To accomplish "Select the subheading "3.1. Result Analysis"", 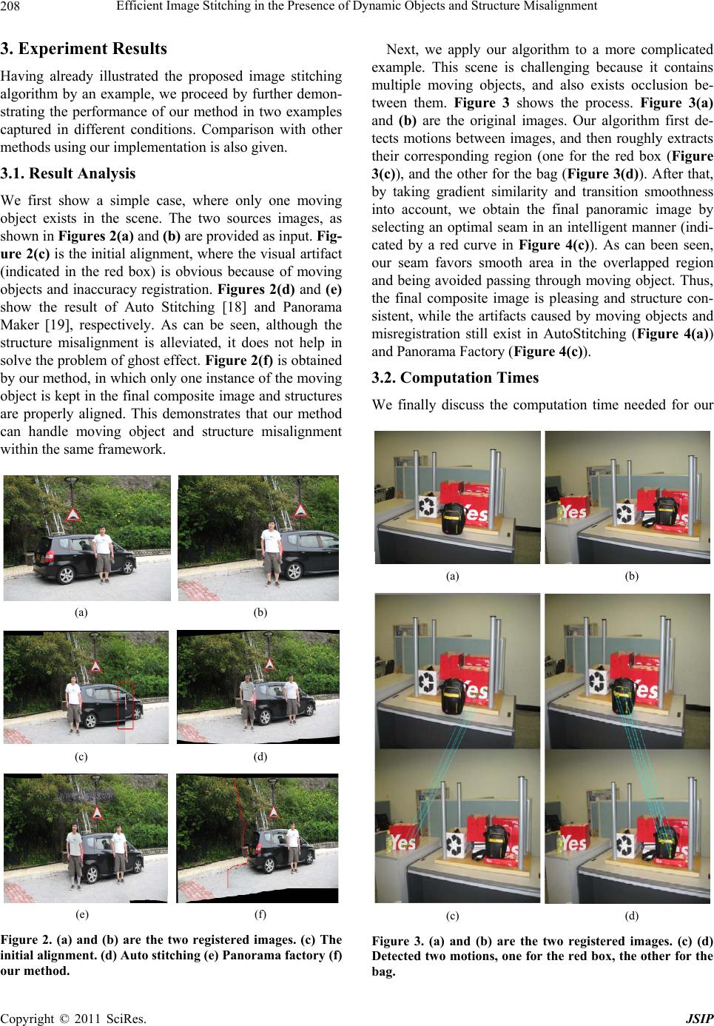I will point(68,174).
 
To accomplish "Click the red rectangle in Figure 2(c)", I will point(126,705).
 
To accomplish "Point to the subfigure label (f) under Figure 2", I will point(260,913).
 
